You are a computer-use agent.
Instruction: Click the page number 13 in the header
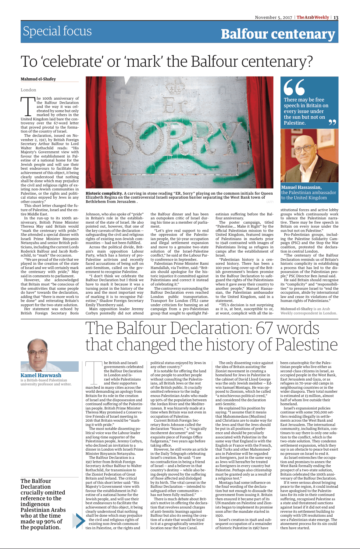coord(336,17)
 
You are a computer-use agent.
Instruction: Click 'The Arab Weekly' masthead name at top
coord(313,17)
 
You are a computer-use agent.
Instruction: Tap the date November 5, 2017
coord(273,17)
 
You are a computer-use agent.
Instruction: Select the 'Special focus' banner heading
coord(57,31)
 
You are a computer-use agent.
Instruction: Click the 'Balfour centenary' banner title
coord(278,34)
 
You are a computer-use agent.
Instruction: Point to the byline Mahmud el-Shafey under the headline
coord(38,79)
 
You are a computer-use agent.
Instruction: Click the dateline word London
coord(28,90)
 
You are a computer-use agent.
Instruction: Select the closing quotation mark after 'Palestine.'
coord(332,122)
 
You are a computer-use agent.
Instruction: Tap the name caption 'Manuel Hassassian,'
coord(301,187)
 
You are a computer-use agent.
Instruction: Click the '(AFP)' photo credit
coord(270,202)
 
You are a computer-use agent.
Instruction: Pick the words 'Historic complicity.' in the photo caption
coord(104,193)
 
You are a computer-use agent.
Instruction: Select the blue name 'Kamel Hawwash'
coord(41,375)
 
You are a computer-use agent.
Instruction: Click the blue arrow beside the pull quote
coord(79,520)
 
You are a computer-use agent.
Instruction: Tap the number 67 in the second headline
coord(265,328)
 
